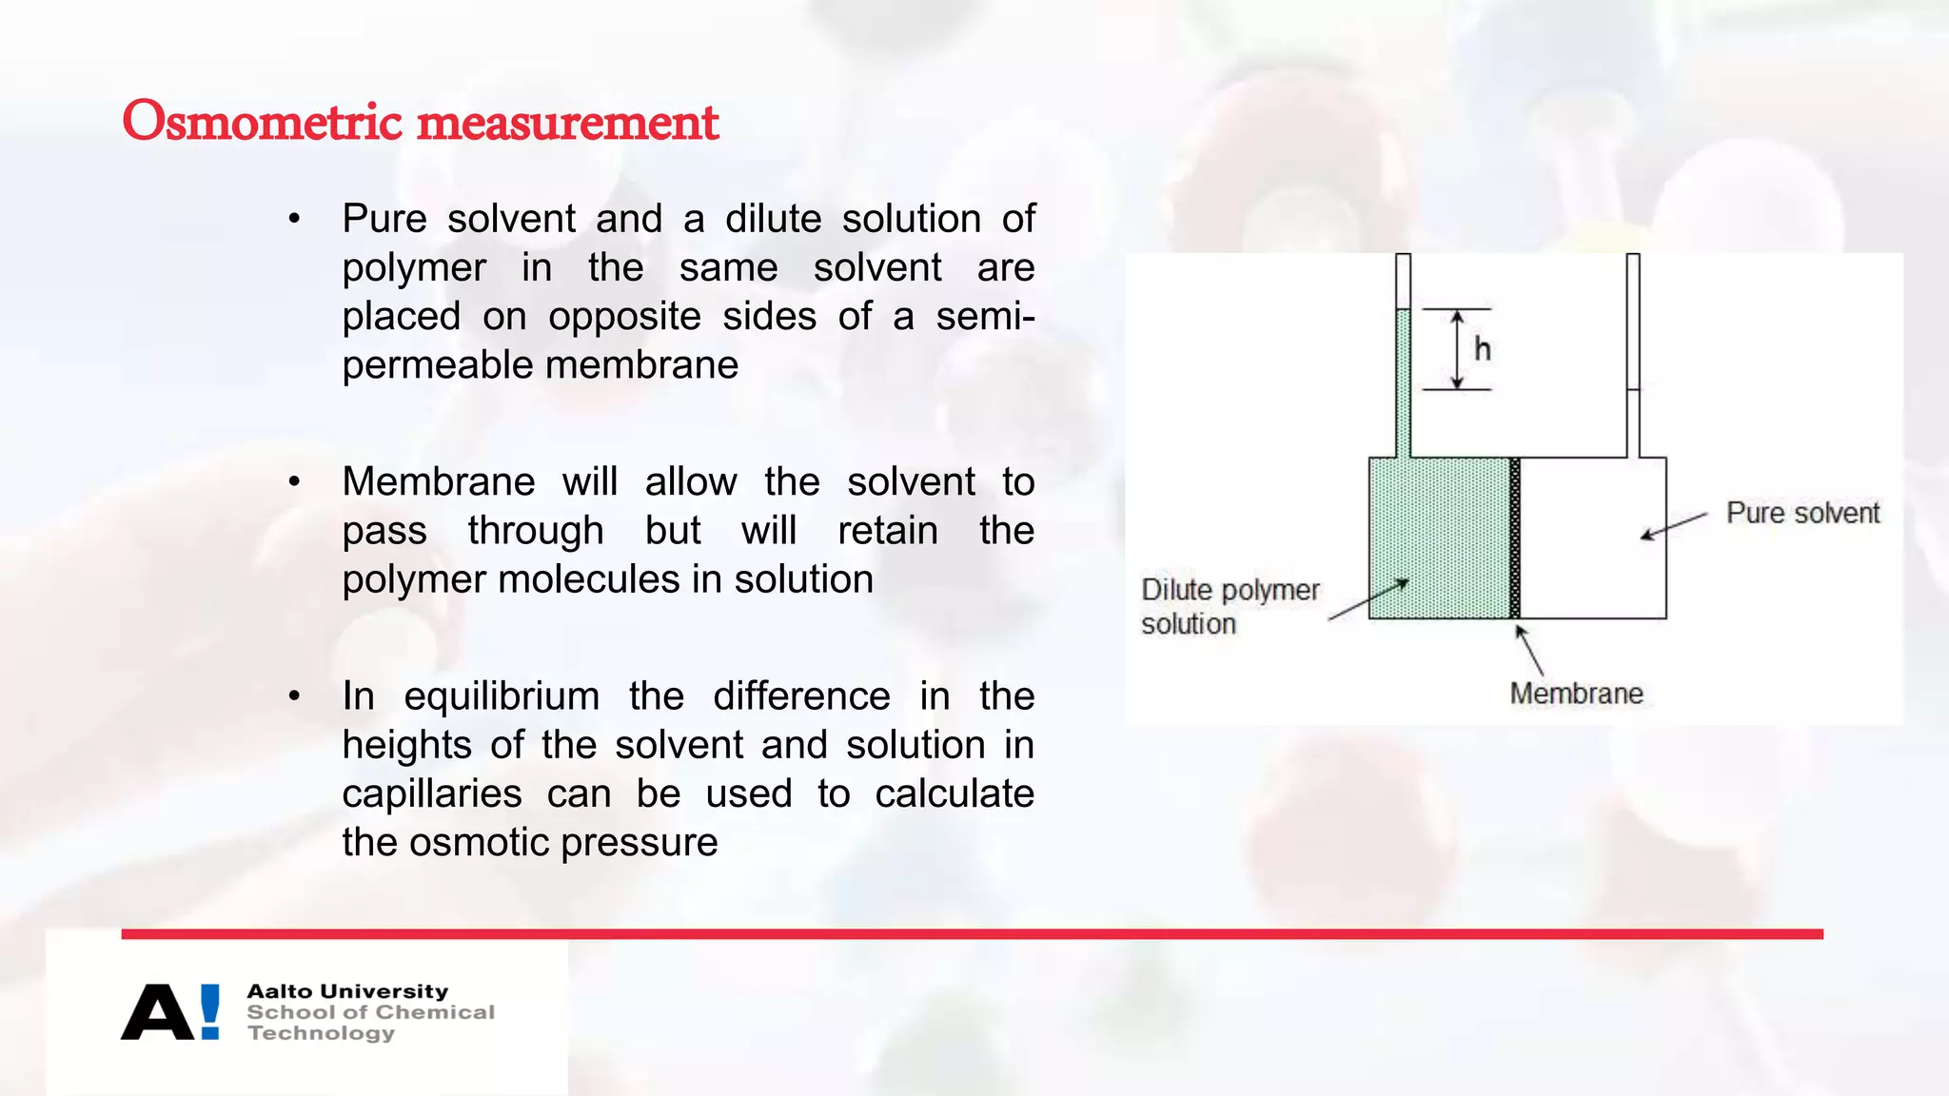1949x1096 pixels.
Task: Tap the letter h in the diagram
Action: (1482, 349)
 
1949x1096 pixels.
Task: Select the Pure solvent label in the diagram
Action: (1802, 513)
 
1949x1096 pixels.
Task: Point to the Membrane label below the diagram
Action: (1576, 694)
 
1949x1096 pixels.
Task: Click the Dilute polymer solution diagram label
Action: (1229, 606)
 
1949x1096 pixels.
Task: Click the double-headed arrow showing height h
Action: (1457, 349)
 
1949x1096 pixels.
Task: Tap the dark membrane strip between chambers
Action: (1515, 538)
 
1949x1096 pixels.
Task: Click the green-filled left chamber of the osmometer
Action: (1439, 538)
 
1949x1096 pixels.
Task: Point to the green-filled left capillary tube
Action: (1403, 381)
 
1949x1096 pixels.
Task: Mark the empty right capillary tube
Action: (1633, 352)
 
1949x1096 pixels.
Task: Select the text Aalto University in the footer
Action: (347, 991)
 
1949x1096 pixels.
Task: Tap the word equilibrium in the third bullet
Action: (502, 695)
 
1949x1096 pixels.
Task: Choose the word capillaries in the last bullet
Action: (432, 793)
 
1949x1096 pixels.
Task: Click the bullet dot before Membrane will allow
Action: (295, 482)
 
